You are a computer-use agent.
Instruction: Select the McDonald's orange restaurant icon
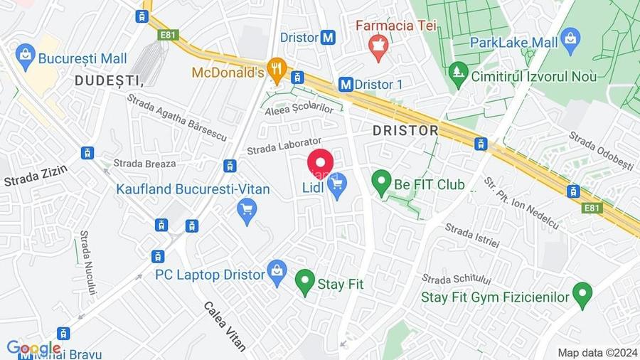pyautogui.click(x=277, y=70)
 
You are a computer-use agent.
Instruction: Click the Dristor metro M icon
pyautogui.click(x=327, y=38)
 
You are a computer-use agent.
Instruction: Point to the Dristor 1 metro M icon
pyautogui.click(x=346, y=84)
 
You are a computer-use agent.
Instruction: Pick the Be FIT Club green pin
pyautogui.click(x=383, y=183)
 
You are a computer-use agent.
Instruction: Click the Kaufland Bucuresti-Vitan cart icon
pyautogui.click(x=247, y=211)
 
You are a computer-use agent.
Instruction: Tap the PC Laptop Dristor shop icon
pyautogui.click(x=277, y=272)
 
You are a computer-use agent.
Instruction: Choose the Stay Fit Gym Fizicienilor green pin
pyautogui.click(x=582, y=295)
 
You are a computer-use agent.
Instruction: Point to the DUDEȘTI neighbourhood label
pyautogui.click(x=109, y=81)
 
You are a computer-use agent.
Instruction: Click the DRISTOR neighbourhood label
pyautogui.click(x=405, y=130)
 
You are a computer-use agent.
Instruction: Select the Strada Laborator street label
pyautogui.click(x=284, y=146)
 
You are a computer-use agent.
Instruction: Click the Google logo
pyautogui.click(x=33, y=349)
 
